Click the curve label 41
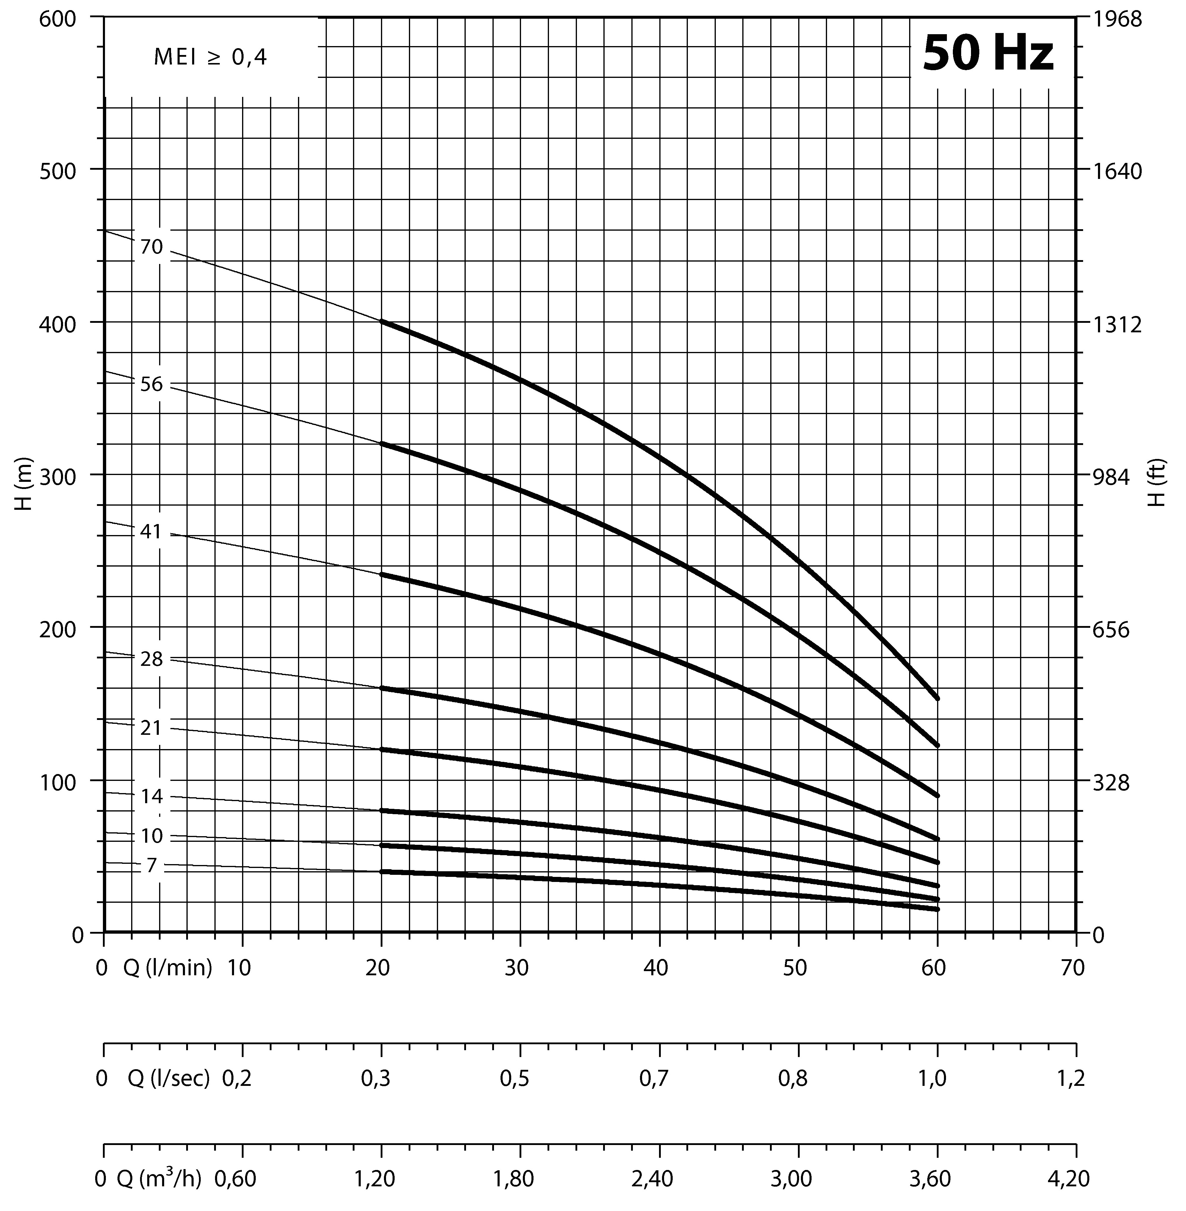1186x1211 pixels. click(x=151, y=532)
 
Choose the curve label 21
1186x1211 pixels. click(x=151, y=727)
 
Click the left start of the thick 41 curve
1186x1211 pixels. click(x=382, y=574)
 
